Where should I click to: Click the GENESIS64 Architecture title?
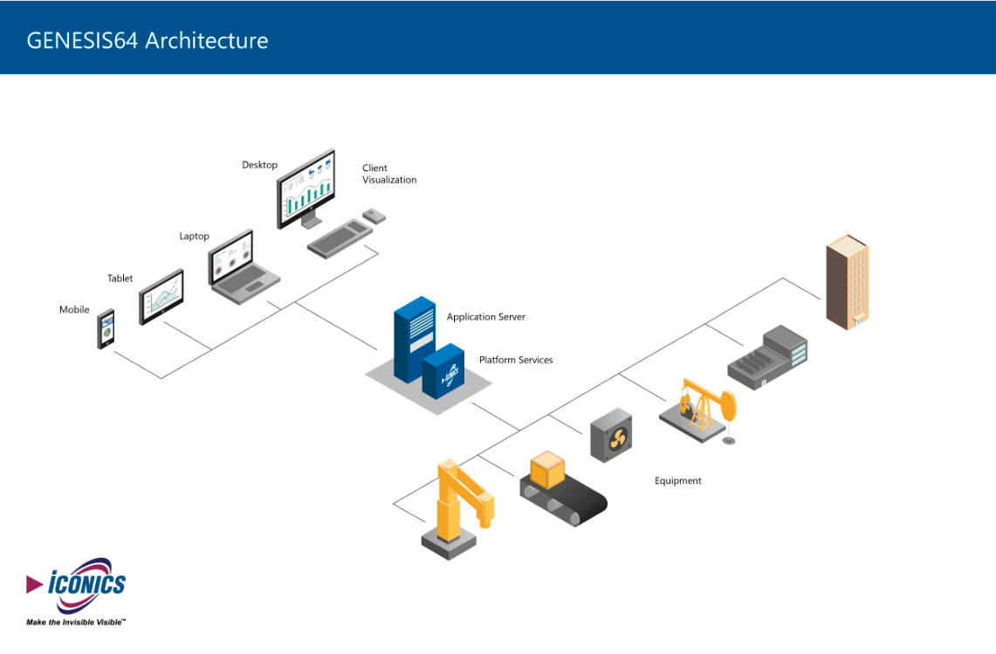tap(148, 40)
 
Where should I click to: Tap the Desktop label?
tap(259, 165)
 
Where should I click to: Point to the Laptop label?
tap(195, 237)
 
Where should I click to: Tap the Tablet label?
tap(120, 279)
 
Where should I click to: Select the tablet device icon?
tap(161, 297)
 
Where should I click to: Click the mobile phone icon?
tap(106, 330)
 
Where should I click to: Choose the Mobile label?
tap(74, 310)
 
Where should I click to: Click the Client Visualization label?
tap(389, 174)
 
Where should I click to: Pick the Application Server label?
tap(486, 317)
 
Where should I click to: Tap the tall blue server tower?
tap(413, 335)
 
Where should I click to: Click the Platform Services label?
tap(516, 360)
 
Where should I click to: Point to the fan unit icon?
tap(612, 435)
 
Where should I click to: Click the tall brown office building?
tap(847, 281)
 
